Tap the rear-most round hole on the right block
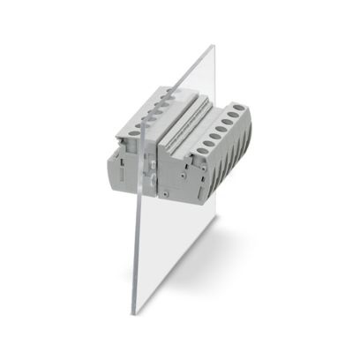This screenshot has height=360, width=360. point(237,108)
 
